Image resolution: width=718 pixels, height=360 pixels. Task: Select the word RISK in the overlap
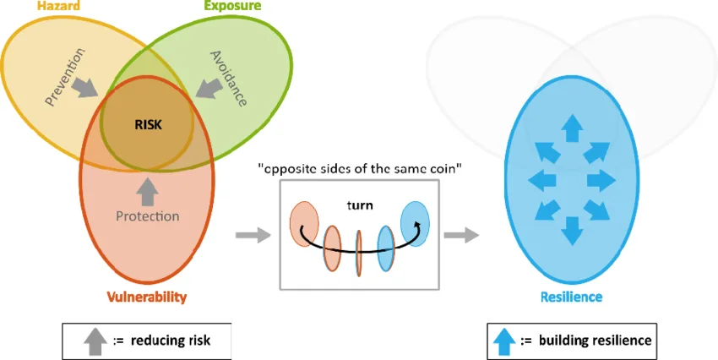[147, 123]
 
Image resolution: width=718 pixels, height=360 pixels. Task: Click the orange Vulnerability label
[147, 297]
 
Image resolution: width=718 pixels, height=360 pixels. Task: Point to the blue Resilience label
[571, 297]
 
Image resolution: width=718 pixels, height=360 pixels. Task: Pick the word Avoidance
[227, 78]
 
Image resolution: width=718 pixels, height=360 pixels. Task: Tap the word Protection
[148, 215]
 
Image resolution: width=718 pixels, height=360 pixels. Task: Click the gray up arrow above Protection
[148, 191]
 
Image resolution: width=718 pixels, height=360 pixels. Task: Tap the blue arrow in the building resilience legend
[503, 341]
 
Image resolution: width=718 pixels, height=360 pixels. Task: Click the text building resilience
[596, 341]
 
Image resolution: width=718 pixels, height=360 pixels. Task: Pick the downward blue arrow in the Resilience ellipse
[571, 230]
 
